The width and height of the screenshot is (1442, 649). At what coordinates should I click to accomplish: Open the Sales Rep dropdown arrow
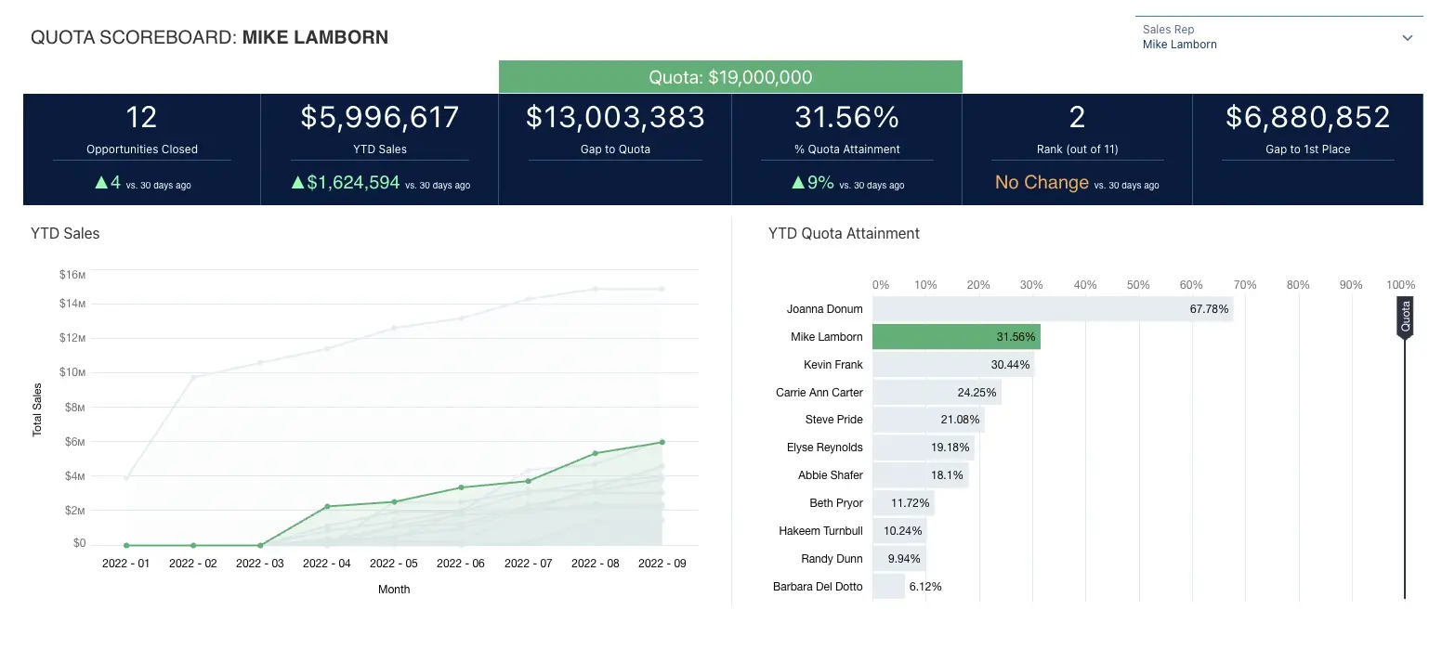click(x=1407, y=38)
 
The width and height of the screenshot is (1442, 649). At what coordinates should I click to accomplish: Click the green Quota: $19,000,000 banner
click(x=730, y=77)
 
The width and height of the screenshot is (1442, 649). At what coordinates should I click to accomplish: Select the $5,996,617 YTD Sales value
click(x=380, y=117)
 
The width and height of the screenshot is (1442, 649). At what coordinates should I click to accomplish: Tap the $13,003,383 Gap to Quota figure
click(x=615, y=117)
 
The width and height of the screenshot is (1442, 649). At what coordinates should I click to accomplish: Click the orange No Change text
click(x=1042, y=182)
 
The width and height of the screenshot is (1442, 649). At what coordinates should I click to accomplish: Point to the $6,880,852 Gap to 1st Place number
click(x=1307, y=117)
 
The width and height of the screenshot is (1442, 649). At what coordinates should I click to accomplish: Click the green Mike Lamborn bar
click(x=956, y=336)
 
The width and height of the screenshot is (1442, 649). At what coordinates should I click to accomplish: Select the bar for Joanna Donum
click(x=1052, y=309)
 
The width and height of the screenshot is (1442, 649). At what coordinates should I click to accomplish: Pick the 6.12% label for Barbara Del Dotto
click(x=925, y=587)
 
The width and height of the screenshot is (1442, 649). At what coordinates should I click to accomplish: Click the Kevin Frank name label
click(x=832, y=365)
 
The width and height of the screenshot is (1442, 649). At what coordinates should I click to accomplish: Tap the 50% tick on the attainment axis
click(x=1138, y=285)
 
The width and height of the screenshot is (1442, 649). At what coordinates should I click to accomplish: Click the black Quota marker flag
click(x=1405, y=318)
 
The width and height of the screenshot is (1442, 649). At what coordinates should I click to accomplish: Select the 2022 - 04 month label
click(x=327, y=564)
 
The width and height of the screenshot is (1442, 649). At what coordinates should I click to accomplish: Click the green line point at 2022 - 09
click(x=662, y=442)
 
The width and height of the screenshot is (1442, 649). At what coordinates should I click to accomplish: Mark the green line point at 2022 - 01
click(x=126, y=545)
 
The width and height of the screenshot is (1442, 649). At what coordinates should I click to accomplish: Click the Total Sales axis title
click(x=38, y=409)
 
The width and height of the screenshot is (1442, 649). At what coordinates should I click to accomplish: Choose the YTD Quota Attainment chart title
click(x=844, y=234)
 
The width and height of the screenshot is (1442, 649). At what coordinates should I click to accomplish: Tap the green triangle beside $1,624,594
click(x=298, y=183)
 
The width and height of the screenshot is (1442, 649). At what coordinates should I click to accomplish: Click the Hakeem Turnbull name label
click(x=820, y=531)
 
